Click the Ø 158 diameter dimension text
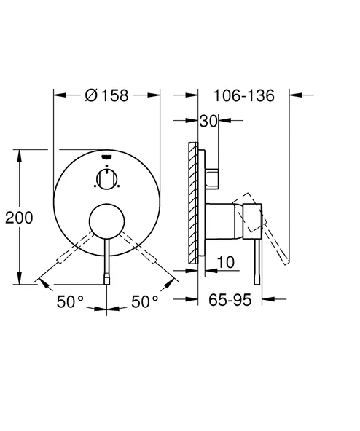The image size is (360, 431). tap(107, 95)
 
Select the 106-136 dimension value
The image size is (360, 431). tap(244, 95)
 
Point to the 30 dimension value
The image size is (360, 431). tap(208, 122)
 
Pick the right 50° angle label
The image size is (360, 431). tap(146, 301)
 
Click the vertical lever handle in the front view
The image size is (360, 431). tap(107, 258)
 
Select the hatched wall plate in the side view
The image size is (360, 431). tap(193, 201)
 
